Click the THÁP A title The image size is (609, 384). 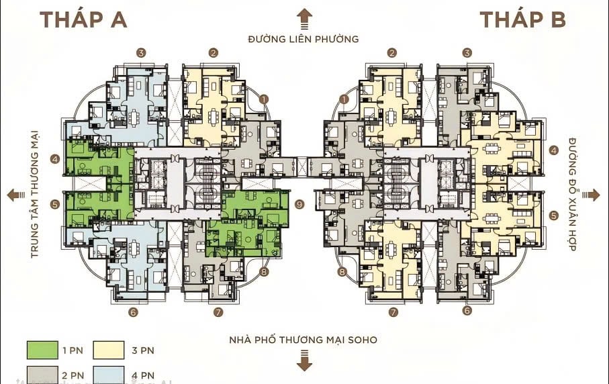83,19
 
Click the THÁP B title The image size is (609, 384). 523,19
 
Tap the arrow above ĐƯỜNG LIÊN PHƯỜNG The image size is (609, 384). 305,17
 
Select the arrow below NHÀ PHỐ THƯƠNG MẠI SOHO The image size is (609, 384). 305,363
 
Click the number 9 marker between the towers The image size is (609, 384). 299,204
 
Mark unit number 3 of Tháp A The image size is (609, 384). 141,52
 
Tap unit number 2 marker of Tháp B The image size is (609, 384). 393,52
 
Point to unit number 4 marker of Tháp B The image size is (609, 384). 554,150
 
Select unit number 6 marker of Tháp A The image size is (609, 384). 134,312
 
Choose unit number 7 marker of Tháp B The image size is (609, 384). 393,312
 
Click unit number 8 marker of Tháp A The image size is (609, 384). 264,272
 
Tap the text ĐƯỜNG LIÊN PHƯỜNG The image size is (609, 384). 303,39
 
